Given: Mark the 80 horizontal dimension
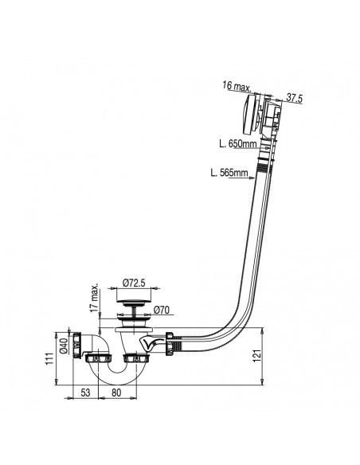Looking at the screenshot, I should click(x=117, y=393).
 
